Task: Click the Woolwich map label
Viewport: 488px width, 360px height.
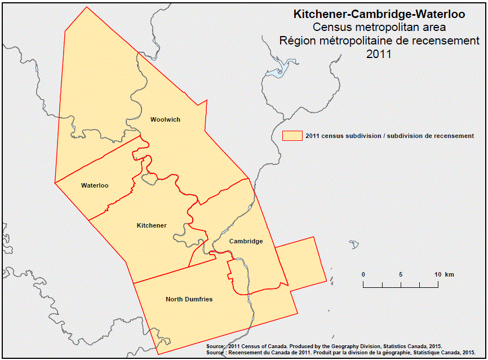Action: coord(165,119)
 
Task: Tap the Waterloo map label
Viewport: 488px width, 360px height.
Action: coord(95,185)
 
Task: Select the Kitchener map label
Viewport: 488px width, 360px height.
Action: coord(152,225)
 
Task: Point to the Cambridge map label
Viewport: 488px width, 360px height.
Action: coord(246,241)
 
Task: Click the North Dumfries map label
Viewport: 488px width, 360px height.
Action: coord(189,299)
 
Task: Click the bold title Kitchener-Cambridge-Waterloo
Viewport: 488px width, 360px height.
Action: coord(379,15)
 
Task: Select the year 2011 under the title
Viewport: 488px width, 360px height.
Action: coord(379,55)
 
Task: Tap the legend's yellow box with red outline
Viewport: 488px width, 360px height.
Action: coord(292,136)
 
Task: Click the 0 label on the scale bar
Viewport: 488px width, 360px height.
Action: coord(363,274)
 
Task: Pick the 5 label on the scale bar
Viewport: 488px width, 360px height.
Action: coord(401,274)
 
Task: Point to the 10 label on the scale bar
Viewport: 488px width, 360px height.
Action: coord(437,274)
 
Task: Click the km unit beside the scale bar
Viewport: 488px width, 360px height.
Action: coord(450,274)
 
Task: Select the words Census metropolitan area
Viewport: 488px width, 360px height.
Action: coord(379,28)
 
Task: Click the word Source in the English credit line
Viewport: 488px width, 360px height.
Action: coord(216,346)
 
